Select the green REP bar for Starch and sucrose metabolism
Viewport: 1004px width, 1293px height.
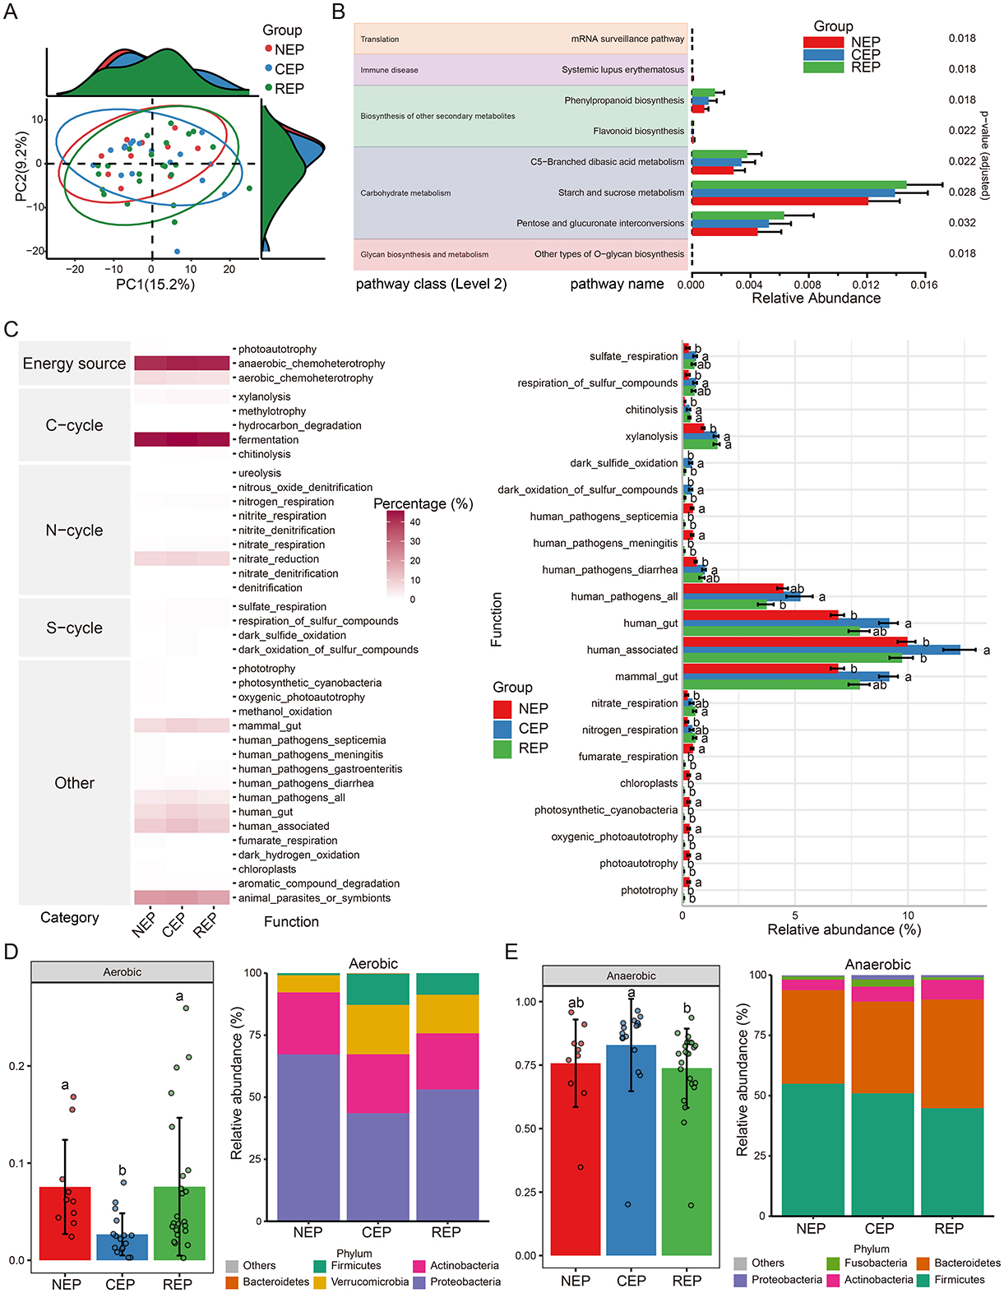pyautogui.click(x=798, y=185)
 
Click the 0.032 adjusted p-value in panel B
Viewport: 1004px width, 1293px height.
pyautogui.click(x=962, y=223)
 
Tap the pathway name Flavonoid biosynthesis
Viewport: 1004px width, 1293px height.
pyautogui.click(x=638, y=131)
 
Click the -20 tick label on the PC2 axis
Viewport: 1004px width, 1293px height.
pyautogui.click(x=35, y=251)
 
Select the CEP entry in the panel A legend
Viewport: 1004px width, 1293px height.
pyautogui.click(x=289, y=69)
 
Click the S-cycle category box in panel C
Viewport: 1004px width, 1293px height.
pyautogui.click(x=74, y=628)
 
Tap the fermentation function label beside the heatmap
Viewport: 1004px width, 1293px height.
pyautogui.click(x=268, y=440)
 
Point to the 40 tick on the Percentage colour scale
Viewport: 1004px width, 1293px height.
pyautogui.click(x=415, y=522)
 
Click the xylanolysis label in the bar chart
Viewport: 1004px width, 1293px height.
pyautogui.click(x=651, y=437)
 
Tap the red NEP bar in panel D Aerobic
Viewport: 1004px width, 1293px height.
pyautogui.click(x=66, y=1223)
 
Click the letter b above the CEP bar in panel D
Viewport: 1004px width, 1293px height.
pyautogui.click(x=122, y=1170)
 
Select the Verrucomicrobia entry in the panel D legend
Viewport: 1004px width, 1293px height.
pyautogui.click(x=369, y=1281)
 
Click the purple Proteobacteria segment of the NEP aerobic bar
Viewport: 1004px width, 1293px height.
pyautogui.click(x=308, y=1135)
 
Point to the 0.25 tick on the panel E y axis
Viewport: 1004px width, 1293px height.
pyautogui.click(x=523, y=1192)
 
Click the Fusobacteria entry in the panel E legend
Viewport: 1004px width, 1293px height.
pyautogui.click(x=876, y=1263)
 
